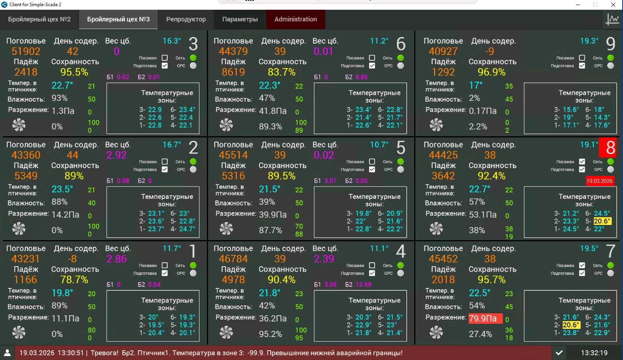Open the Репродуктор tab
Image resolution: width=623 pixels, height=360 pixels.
(x=186, y=19)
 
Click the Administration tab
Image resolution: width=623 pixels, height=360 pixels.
(x=296, y=19)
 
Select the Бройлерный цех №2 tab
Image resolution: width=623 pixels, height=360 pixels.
(x=39, y=19)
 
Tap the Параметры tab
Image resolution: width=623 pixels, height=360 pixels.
(x=240, y=19)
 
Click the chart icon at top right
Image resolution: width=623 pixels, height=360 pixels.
(x=612, y=19)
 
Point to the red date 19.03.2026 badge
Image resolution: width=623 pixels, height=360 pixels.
(x=599, y=181)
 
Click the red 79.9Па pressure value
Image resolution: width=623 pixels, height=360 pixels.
(x=483, y=319)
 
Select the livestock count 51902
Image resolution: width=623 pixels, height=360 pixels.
(x=26, y=51)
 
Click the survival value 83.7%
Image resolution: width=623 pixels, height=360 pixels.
(x=281, y=72)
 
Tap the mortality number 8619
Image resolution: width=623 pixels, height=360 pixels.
(x=233, y=72)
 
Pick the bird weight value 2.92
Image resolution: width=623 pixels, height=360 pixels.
(x=116, y=155)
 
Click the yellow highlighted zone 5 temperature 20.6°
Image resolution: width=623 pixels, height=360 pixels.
(x=602, y=221)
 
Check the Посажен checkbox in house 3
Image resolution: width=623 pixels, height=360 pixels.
(x=165, y=58)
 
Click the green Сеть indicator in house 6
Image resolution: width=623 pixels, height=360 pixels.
(x=401, y=58)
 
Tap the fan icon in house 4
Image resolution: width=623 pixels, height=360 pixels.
(x=226, y=332)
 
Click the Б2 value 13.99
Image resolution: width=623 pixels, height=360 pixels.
(x=364, y=284)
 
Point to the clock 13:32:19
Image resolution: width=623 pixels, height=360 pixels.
(x=594, y=353)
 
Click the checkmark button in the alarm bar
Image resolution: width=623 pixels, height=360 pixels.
(x=559, y=353)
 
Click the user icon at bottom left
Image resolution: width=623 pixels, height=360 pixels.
(x=7, y=353)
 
